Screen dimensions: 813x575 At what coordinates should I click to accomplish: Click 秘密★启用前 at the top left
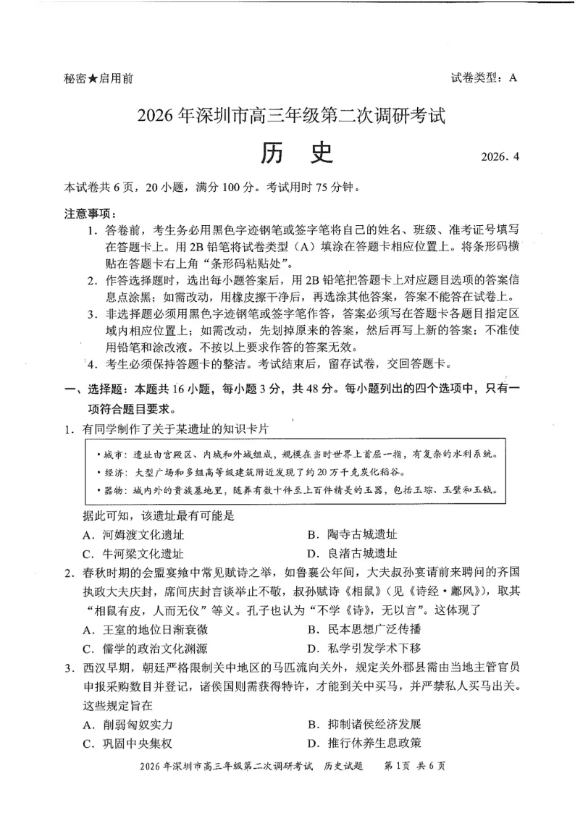coord(98,79)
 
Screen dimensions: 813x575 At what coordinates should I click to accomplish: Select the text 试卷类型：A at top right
coord(483,79)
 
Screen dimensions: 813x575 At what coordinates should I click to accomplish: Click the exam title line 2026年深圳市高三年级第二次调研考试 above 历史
coord(288,116)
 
